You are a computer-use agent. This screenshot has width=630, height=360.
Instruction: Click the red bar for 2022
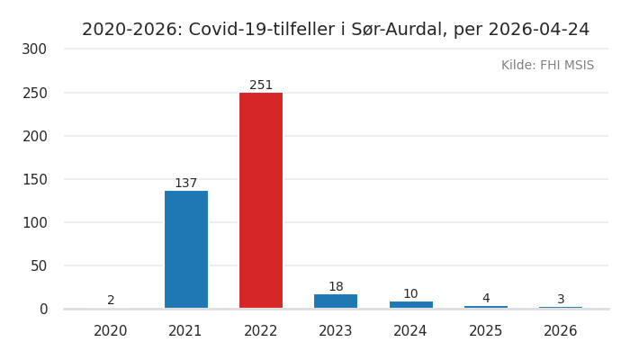click(x=261, y=201)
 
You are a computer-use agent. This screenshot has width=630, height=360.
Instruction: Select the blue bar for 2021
click(x=186, y=249)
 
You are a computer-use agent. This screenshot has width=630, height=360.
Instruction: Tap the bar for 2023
click(x=336, y=301)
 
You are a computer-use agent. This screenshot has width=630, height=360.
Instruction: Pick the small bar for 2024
click(x=410, y=305)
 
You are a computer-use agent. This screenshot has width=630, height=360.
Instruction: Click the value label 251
click(x=261, y=85)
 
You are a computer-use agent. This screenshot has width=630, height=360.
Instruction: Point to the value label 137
click(x=186, y=184)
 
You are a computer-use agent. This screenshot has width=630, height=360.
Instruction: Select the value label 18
click(x=336, y=287)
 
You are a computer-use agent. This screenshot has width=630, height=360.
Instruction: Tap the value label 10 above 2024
click(x=410, y=294)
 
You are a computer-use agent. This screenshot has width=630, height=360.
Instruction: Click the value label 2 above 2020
click(x=111, y=301)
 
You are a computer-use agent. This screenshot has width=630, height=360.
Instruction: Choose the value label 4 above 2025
click(x=486, y=299)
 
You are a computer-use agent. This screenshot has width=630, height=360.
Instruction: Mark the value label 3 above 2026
click(x=561, y=300)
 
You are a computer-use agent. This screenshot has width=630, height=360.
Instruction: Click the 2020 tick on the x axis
click(x=111, y=331)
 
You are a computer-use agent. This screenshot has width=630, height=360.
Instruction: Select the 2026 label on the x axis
click(x=561, y=331)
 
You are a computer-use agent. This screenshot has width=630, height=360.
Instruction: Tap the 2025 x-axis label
click(x=486, y=331)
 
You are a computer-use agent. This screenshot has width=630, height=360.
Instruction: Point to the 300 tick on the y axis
click(x=34, y=49)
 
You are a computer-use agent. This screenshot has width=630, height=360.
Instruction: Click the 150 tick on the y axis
click(x=34, y=179)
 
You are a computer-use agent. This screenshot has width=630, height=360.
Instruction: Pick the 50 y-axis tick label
click(x=39, y=265)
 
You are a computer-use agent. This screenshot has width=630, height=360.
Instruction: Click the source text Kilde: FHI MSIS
click(x=547, y=66)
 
